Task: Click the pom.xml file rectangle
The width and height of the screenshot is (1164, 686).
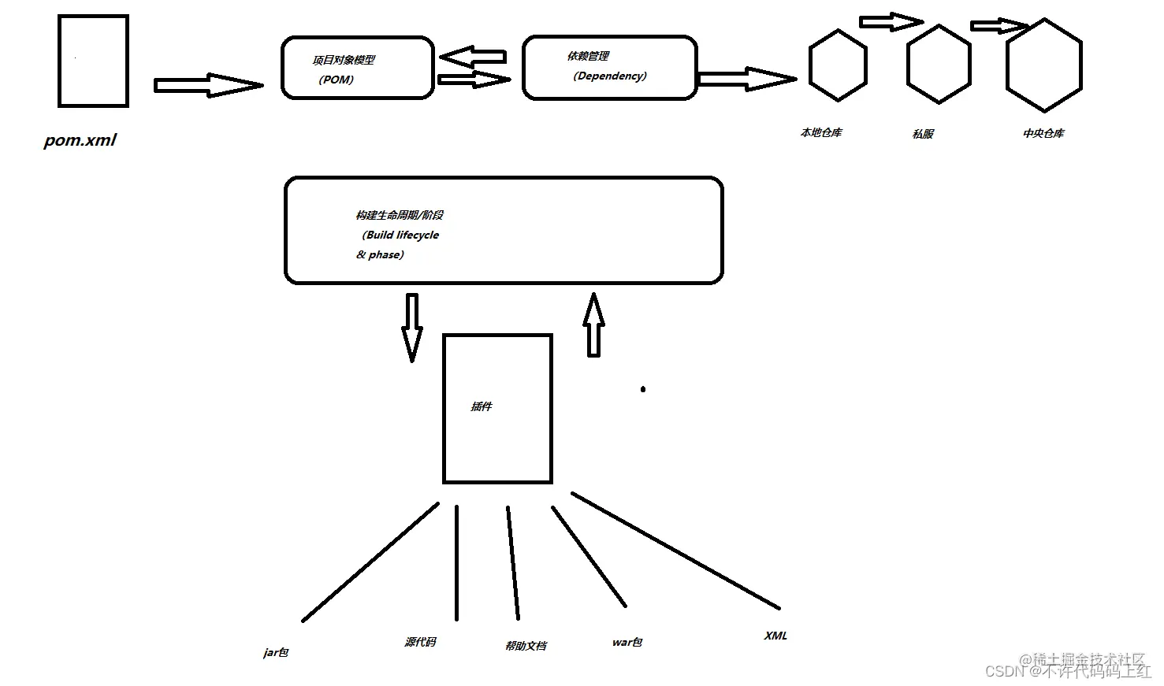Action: click(93, 61)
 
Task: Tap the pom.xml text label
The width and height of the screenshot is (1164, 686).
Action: click(80, 140)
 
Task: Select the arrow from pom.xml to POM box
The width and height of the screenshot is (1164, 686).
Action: click(208, 85)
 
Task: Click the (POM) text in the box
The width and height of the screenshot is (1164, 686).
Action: click(337, 80)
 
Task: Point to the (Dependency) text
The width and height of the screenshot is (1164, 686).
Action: click(609, 76)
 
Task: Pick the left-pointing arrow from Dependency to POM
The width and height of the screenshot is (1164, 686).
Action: click(472, 57)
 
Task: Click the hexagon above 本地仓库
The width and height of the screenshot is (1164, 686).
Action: click(838, 65)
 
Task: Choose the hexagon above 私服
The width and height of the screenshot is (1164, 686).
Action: click(939, 64)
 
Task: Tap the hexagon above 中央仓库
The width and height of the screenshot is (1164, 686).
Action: click(1044, 65)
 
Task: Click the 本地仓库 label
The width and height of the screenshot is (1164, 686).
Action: click(821, 133)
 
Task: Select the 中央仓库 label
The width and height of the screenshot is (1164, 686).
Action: click(1043, 134)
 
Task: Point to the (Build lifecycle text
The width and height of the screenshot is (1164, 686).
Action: click(400, 235)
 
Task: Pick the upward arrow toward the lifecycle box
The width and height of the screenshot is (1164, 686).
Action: click(594, 324)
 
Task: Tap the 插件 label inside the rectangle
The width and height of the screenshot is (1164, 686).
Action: click(482, 406)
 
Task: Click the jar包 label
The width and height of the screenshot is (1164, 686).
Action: click(276, 652)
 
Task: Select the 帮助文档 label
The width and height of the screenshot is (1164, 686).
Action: click(526, 646)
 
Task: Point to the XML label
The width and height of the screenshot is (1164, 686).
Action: click(775, 636)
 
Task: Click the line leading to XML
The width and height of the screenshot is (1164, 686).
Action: click(675, 551)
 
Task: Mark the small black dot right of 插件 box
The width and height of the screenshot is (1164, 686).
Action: click(643, 389)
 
